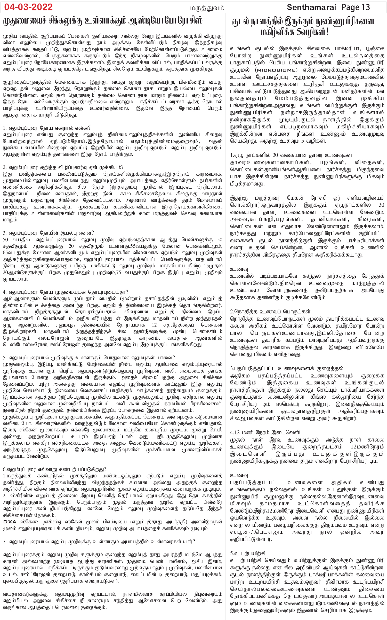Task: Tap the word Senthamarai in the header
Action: [x=311, y=7]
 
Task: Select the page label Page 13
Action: [x=356, y=7]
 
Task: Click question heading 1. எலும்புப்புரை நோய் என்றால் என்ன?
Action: [x=47, y=128]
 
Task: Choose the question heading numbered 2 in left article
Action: [x=63, y=167]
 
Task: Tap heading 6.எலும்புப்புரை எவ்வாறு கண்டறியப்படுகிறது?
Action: [x=55, y=469]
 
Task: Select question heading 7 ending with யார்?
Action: [x=99, y=541]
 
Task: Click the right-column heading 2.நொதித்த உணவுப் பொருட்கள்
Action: [x=270, y=312]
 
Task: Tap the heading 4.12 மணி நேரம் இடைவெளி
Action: [x=265, y=432]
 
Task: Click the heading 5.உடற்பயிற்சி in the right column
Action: [x=248, y=553]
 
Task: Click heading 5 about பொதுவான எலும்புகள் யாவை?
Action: [x=89, y=358]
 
